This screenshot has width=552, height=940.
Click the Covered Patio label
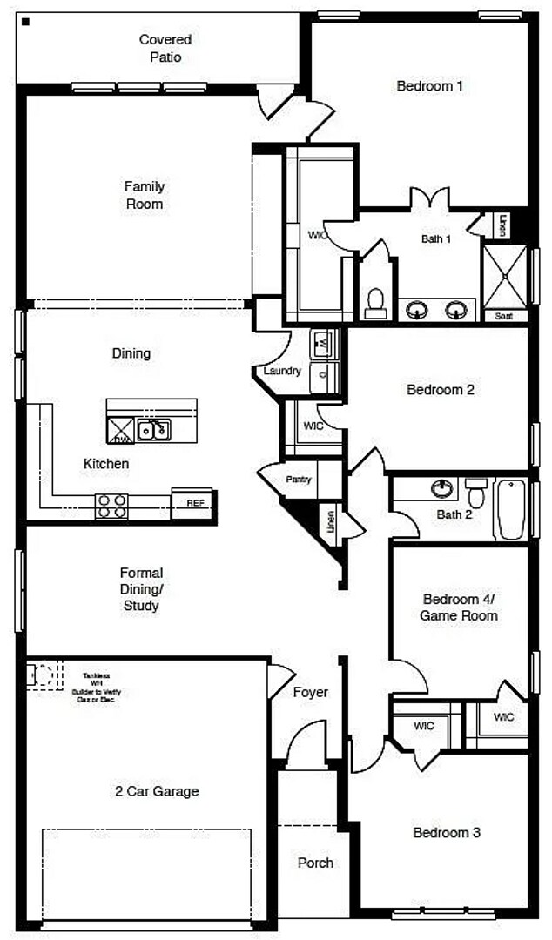click(165, 49)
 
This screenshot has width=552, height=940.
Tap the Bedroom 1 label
click(429, 86)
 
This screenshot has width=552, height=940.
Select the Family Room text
click(145, 195)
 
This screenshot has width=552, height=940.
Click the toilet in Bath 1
click(376, 302)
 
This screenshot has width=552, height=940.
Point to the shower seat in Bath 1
click(504, 316)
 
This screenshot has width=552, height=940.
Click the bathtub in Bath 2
click(511, 508)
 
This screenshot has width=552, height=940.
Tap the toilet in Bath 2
click(476, 493)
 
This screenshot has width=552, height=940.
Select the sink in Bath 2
click(441, 487)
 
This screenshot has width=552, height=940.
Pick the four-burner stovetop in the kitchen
click(111, 506)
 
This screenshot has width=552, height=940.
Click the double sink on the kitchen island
click(154, 429)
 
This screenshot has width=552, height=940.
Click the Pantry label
click(299, 480)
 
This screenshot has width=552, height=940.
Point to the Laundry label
click(282, 371)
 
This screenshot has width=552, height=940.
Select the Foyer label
click(310, 692)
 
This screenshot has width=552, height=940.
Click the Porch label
click(315, 863)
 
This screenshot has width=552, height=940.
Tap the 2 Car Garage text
click(157, 791)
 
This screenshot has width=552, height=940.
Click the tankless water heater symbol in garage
click(44, 675)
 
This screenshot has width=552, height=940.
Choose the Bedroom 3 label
click(446, 833)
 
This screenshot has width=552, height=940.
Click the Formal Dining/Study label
click(141, 589)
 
